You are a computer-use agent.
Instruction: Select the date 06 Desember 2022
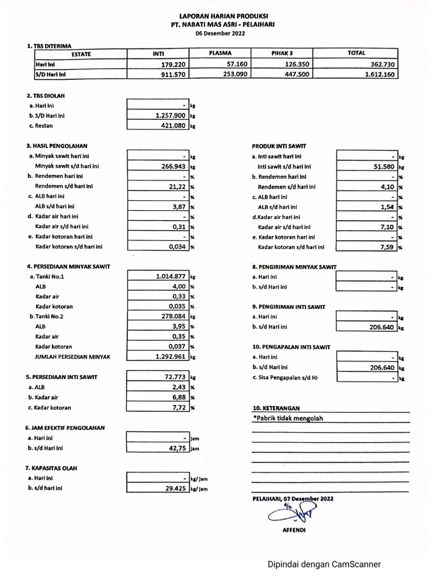coord(220,33)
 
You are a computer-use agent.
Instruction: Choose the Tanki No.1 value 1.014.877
coord(170,276)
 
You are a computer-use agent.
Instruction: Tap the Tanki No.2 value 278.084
coord(173,317)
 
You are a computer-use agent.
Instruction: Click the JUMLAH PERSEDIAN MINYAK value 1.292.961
coord(170,357)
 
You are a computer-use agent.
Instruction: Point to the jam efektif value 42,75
coord(177,448)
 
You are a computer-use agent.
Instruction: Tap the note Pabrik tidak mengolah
coord(289,418)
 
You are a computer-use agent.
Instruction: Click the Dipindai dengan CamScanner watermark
coord(323,564)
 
